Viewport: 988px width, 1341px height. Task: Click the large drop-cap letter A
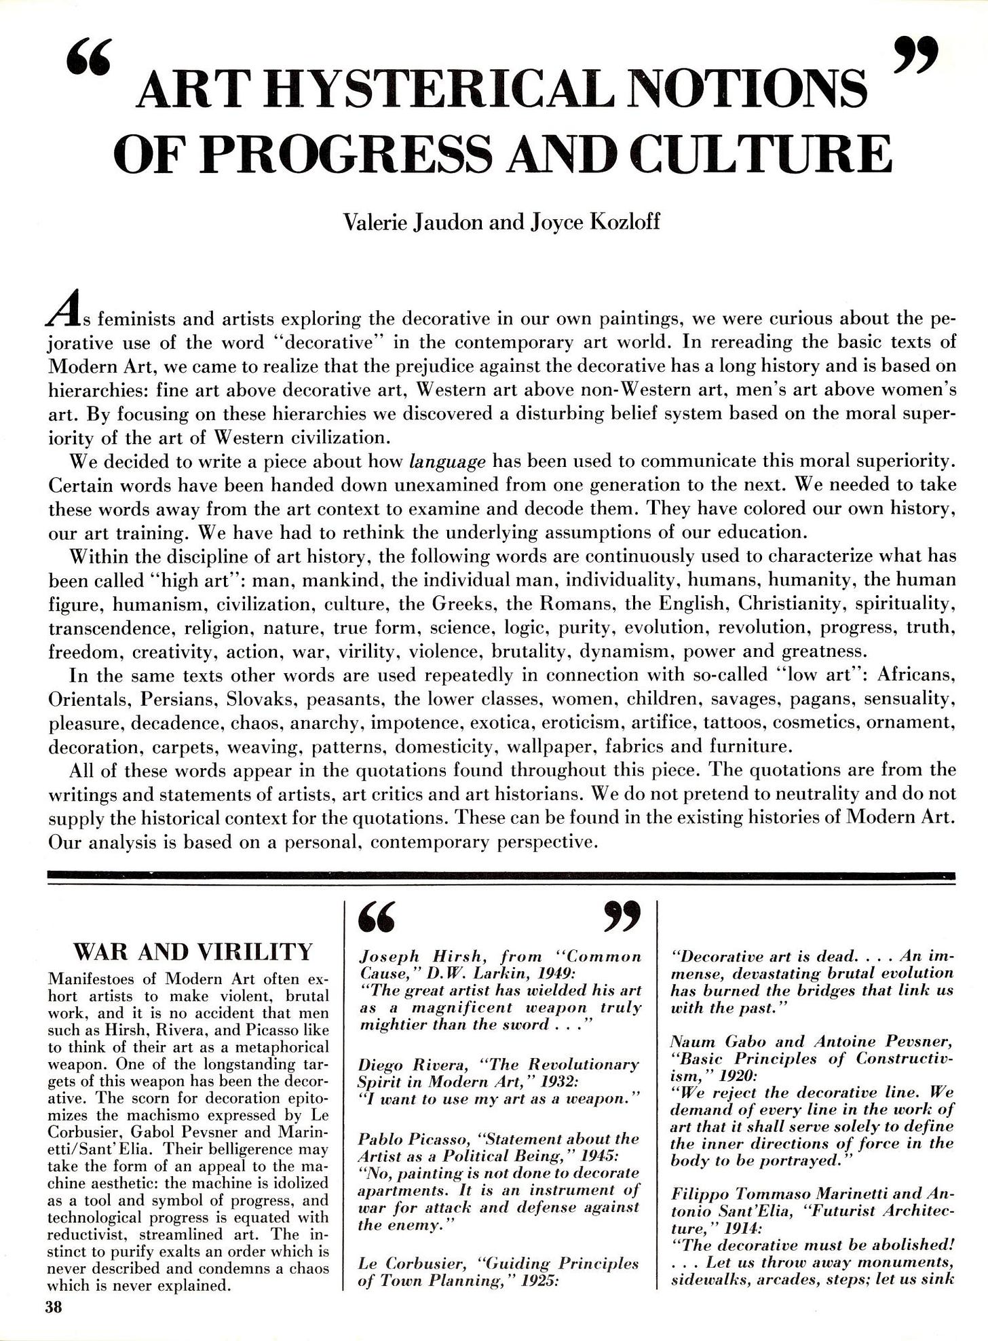coord(62,312)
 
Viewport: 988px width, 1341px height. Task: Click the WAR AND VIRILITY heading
coord(193,952)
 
